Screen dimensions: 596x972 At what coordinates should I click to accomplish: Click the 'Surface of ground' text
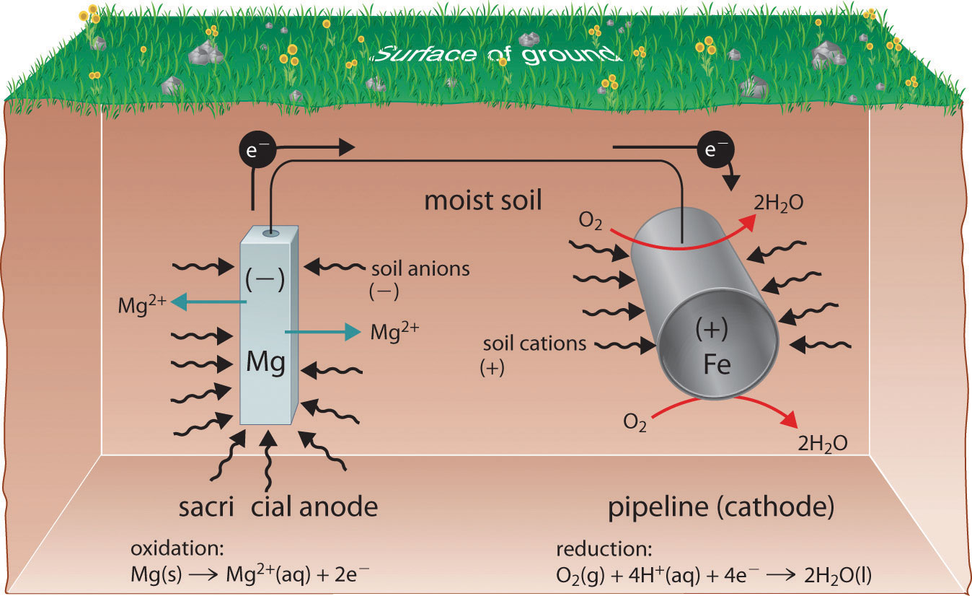[x=495, y=56]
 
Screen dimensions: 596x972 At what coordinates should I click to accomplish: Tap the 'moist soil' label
[x=482, y=200]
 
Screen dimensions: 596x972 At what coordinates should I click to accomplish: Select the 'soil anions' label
[x=420, y=270]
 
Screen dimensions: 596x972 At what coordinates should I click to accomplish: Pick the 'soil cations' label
[x=534, y=343]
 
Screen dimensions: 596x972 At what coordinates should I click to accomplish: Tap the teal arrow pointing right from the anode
[x=322, y=332]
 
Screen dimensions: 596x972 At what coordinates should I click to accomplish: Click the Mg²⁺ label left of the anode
[x=143, y=306]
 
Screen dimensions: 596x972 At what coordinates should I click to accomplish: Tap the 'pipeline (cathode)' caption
[x=721, y=508]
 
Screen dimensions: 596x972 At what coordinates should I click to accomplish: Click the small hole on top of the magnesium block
[x=270, y=233]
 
